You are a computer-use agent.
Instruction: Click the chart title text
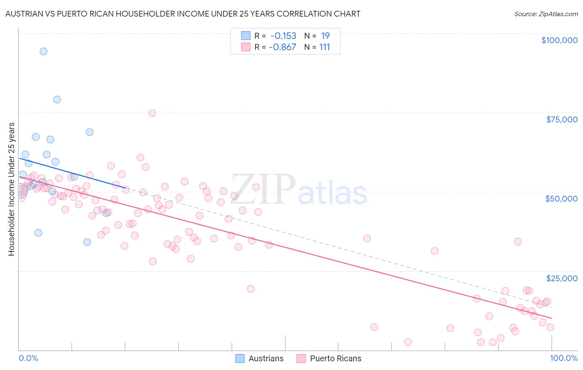tap(182, 14)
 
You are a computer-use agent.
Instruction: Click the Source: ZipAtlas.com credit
tap(546, 14)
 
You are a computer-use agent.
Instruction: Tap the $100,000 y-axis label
tap(559, 40)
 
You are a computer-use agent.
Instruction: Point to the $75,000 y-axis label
tap(561, 119)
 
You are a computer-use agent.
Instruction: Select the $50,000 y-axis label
tap(561, 199)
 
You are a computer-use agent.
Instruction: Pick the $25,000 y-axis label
tap(561, 278)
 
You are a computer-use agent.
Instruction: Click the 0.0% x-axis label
tap(28, 358)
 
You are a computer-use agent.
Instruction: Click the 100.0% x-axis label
tap(564, 358)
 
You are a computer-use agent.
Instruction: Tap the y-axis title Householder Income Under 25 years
tap(12, 189)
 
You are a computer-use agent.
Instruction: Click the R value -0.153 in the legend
tap(283, 36)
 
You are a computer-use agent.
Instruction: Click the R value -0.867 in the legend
tap(282, 47)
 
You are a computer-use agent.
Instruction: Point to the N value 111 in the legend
tap(325, 47)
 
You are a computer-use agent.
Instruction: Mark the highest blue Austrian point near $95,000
tap(44, 51)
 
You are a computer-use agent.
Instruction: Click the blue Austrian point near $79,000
tap(57, 100)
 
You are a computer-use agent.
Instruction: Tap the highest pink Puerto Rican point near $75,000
tap(152, 113)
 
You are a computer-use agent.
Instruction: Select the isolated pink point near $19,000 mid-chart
tap(250, 289)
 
